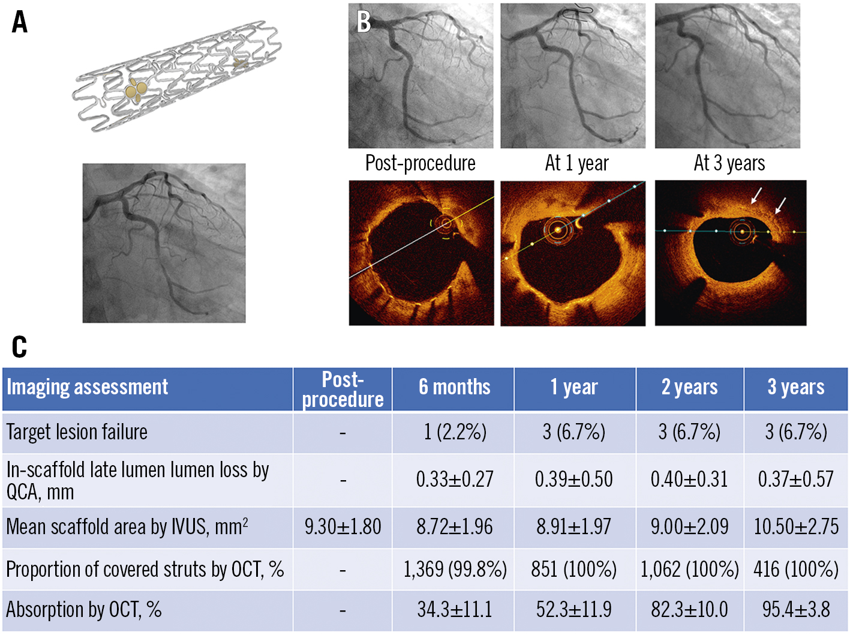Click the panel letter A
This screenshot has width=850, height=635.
(x=20, y=22)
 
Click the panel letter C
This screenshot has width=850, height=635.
(x=19, y=347)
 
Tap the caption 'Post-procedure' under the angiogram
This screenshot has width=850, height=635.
(x=420, y=163)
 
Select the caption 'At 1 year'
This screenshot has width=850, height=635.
(x=576, y=163)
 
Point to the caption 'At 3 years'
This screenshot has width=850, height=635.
(x=729, y=163)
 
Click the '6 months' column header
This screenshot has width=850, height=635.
(x=454, y=387)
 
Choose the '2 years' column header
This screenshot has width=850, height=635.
(x=689, y=387)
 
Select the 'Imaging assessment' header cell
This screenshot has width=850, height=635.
(x=88, y=387)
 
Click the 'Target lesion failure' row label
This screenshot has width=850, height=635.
(x=77, y=432)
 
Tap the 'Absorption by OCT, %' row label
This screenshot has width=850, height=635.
(x=84, y=610)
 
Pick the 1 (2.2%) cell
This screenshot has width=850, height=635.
(x=454, y=432)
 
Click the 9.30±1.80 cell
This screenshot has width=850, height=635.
(x=343, y=527)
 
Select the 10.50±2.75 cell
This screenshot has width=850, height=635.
(x=796, y=527)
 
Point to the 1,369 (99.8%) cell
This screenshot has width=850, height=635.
(x=454, y=569)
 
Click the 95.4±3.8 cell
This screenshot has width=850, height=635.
(x=796, y=610)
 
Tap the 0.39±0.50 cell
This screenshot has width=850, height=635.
(x=574, y=480)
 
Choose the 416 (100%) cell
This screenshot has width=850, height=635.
(x=796, y=569)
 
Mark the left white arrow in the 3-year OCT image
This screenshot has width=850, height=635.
(x=757, y=195)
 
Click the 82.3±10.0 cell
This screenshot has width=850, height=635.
(x=689, y=610)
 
